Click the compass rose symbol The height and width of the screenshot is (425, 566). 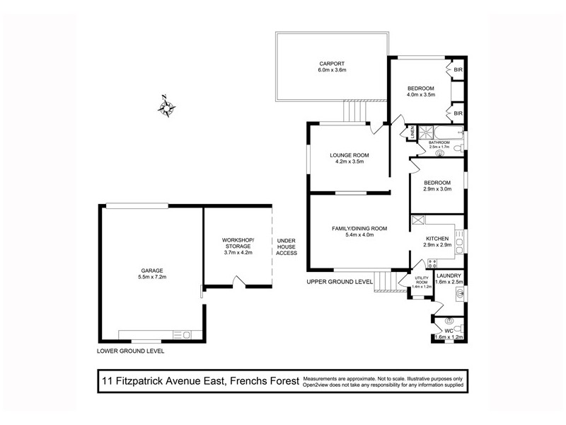(168, 107)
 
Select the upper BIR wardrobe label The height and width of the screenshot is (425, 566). (458, 70)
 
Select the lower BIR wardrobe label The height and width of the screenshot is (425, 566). (458, 113)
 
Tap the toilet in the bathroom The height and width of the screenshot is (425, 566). (458, 147)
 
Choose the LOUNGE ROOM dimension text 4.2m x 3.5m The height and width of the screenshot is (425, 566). (350, 161)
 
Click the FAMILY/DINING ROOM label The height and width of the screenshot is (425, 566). (359, 228)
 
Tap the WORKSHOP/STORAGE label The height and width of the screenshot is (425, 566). (238, 243)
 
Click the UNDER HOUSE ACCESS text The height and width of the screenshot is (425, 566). (287, 246)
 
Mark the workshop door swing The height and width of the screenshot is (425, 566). (241, 283)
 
